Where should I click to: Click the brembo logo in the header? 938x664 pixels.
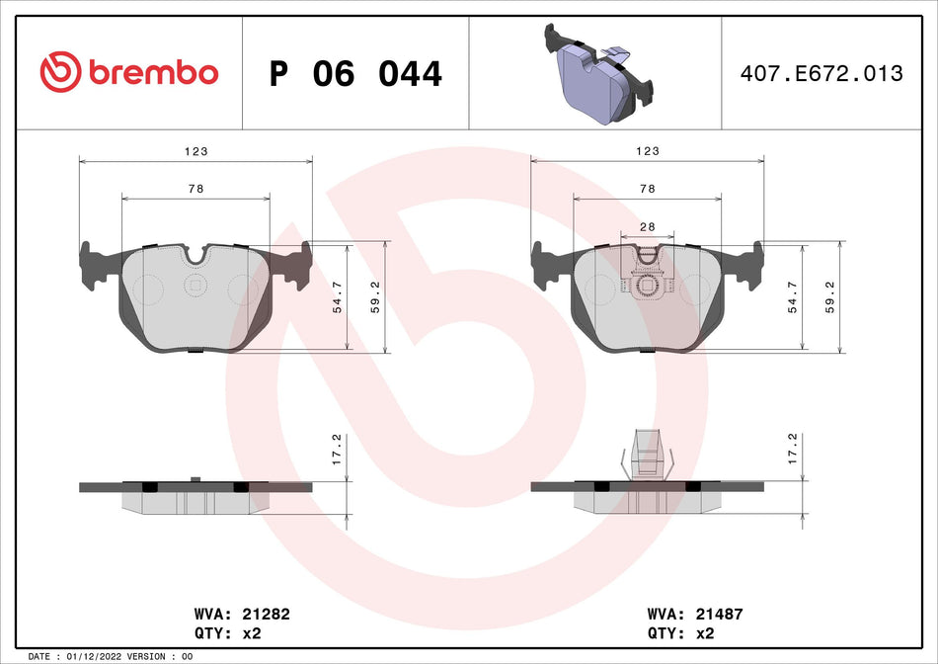coord(128,72)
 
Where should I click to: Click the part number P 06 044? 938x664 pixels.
coord(355,74)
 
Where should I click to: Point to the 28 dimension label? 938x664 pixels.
coord(648,226)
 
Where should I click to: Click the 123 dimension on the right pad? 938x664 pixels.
coord(648,150)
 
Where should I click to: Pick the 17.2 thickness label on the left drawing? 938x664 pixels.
coord(336,450)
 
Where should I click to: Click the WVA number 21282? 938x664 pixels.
coord(246,614)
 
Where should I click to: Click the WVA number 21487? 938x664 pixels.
coord(697,614)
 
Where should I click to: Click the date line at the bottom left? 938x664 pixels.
coord(111,656)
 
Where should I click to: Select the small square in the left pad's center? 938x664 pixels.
coord(195,287)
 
